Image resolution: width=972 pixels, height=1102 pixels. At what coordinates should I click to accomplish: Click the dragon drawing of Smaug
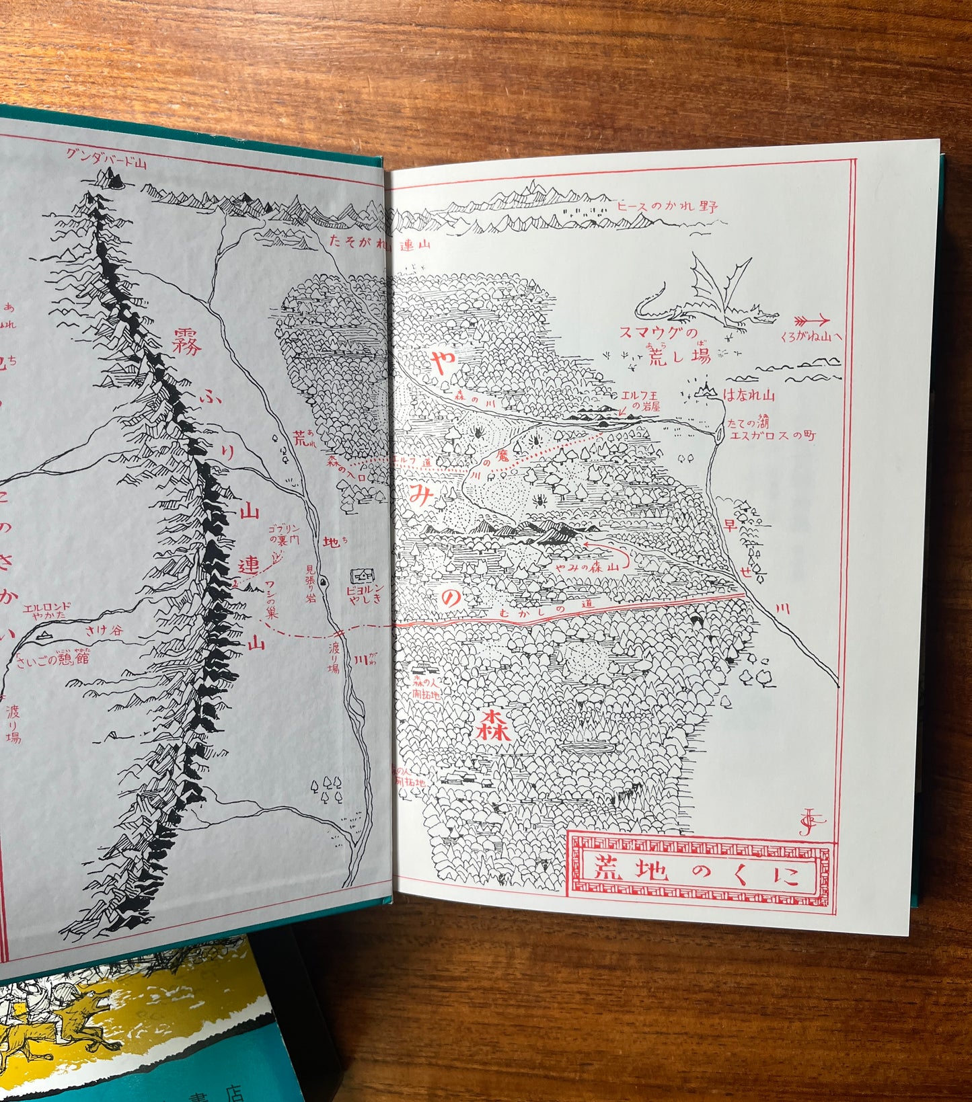point(706,299)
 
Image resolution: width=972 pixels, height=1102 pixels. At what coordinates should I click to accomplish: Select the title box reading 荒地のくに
point(699,872)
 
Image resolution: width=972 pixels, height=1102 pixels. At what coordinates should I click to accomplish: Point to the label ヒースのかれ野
point(667,206)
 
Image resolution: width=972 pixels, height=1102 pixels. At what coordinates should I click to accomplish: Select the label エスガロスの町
point(772,436)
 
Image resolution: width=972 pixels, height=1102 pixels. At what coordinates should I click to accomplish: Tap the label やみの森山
point(586,567)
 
